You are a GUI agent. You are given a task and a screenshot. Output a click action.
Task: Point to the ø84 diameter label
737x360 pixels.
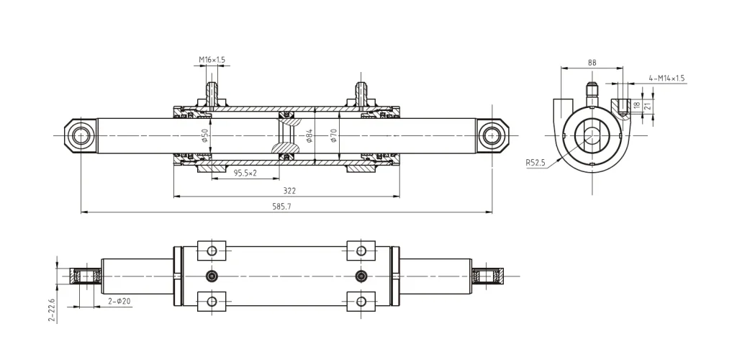(x=309, y=135)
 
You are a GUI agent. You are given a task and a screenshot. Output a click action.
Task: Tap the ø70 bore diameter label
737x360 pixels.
(x=334, y=135)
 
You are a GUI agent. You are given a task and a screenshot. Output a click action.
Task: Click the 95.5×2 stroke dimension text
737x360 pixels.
(x=245, y=173)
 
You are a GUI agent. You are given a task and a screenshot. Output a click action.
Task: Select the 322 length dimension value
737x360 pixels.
(x=289, y=191)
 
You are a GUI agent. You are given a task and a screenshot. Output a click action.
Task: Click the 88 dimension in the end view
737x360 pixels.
(x=592, y=63)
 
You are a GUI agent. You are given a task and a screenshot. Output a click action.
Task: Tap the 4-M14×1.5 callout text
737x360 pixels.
(x=666, y=78)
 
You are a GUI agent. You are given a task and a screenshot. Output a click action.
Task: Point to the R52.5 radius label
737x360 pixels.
(x=535, y=163)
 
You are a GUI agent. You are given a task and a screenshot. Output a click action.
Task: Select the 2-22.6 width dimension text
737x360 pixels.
(x=53, y=310)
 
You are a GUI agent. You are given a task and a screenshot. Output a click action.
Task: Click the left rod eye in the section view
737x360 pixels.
(x=81, y=135)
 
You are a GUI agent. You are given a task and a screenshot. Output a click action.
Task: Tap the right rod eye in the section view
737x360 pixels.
(x=492, y=135)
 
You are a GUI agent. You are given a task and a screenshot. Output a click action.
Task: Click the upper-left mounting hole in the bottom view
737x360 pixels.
(x=212, y=251)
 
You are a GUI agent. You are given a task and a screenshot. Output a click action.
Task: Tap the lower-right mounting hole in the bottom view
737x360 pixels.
(x=361, y=300)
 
